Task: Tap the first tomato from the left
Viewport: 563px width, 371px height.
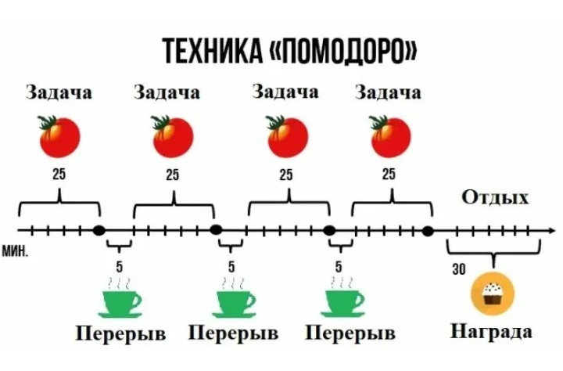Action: click(59, 135)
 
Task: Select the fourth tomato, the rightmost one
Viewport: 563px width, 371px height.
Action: click(389, 135)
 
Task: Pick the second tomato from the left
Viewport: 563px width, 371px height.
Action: click(173, 135)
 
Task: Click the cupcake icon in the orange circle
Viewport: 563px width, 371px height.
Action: click(493, 294)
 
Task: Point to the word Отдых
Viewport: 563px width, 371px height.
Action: click(495, 196)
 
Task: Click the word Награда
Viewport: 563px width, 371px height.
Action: click(492, 332)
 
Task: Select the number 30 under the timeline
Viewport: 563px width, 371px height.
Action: click(459, 270)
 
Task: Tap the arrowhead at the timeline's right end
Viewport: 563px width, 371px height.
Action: click(542, 231)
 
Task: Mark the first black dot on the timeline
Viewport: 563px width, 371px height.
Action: click(99, 230)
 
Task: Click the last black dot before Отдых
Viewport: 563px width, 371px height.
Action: click(428, 230)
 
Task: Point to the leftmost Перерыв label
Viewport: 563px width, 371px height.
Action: click(120, 334)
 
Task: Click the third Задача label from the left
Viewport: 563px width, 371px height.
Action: click(285, 92)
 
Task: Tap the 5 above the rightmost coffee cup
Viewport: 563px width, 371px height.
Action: click(339, 267)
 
